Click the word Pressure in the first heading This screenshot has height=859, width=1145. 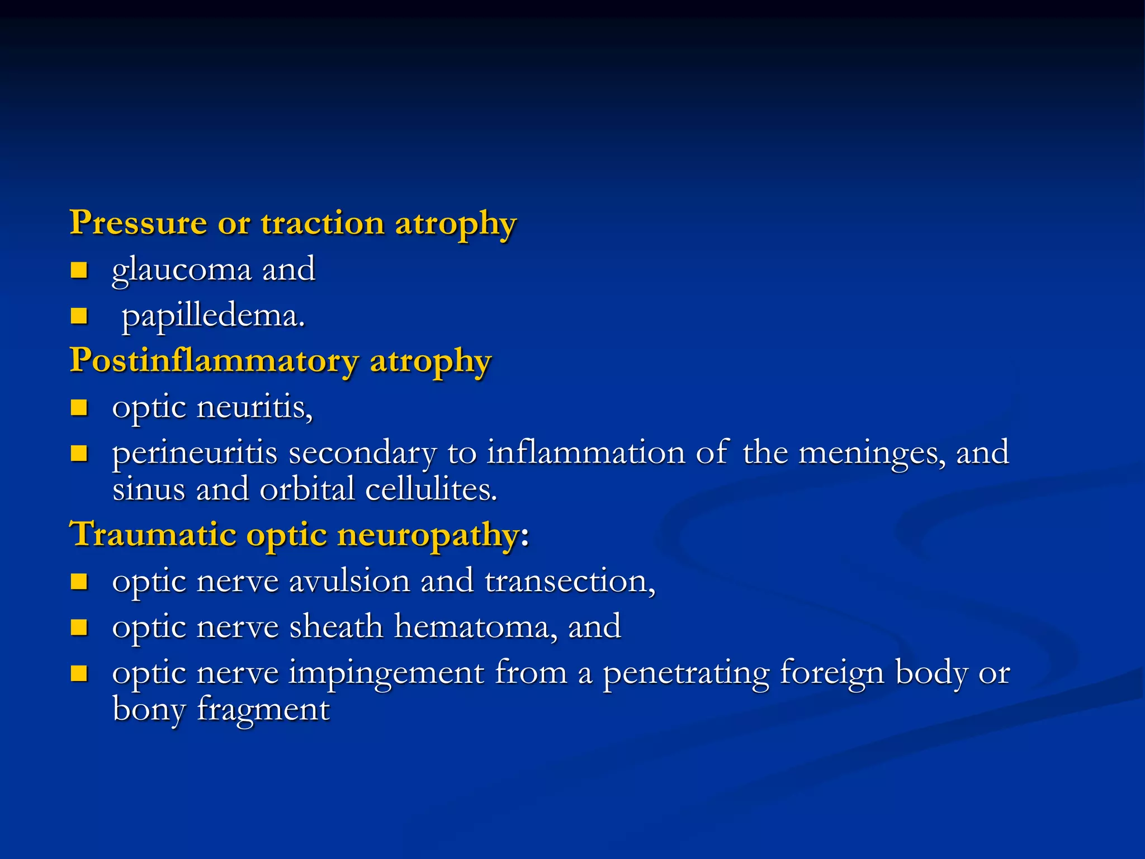pos(138,223)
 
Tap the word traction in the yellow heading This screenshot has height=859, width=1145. pos(323,223)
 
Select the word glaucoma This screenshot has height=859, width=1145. pos(182,270)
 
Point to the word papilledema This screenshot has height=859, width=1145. pos(213,317)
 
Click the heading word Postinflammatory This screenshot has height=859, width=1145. pos(214,361)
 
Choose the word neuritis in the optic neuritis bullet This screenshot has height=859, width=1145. pos(254,407)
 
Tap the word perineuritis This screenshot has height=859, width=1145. pos(195,453)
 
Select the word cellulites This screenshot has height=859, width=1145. pos(431,490)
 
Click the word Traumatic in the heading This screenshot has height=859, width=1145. pos(152,534)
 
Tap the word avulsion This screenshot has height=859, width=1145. pos(349,581)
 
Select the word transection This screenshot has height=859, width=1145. pos(570,581)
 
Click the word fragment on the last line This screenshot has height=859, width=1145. pos(263,710)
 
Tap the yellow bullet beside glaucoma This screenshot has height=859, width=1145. pos(79,271)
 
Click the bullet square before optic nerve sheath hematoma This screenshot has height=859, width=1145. pos(79,627)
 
